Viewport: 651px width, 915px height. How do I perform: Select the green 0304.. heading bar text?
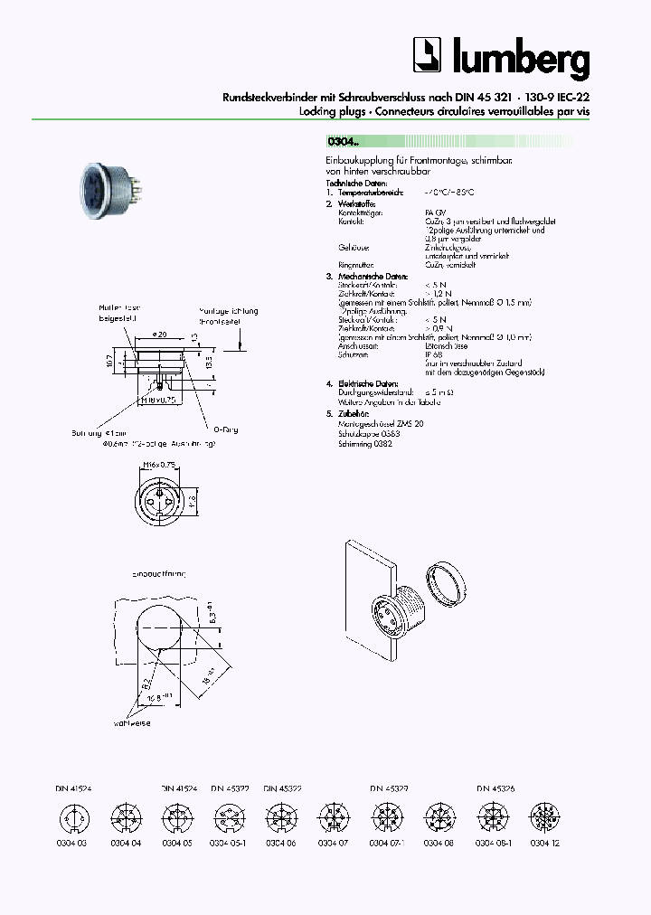click(344, 141)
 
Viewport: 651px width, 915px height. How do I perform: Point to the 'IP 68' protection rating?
click(432, 355)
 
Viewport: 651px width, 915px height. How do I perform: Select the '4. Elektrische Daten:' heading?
click(362, 383)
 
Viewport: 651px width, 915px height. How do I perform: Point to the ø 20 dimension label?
click(158, 335)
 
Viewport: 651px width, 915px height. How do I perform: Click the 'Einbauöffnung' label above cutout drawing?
click(159, 573)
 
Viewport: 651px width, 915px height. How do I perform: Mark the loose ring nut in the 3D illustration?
click(445, 582)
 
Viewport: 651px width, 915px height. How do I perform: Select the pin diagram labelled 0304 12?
click(540, 818)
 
